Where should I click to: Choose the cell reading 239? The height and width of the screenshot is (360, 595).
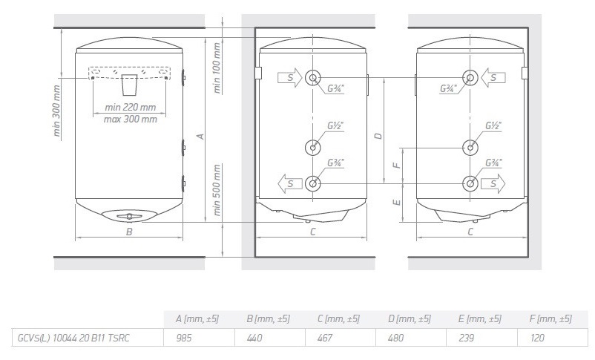[x=465, y=338]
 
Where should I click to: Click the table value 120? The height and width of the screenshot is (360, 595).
[x=538, y=338]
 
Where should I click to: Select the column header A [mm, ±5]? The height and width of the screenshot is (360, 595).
[x=197, y=319]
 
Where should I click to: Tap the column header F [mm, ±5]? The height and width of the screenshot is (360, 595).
[x=550, y=319]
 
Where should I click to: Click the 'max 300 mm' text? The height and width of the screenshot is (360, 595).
[x=131, y=119]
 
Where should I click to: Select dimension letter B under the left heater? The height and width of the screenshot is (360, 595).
[x=129, y=232]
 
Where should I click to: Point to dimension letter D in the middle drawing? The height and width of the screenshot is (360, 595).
[x=378, y=136]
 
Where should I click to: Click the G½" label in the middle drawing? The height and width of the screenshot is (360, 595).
[x=335, y=125]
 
